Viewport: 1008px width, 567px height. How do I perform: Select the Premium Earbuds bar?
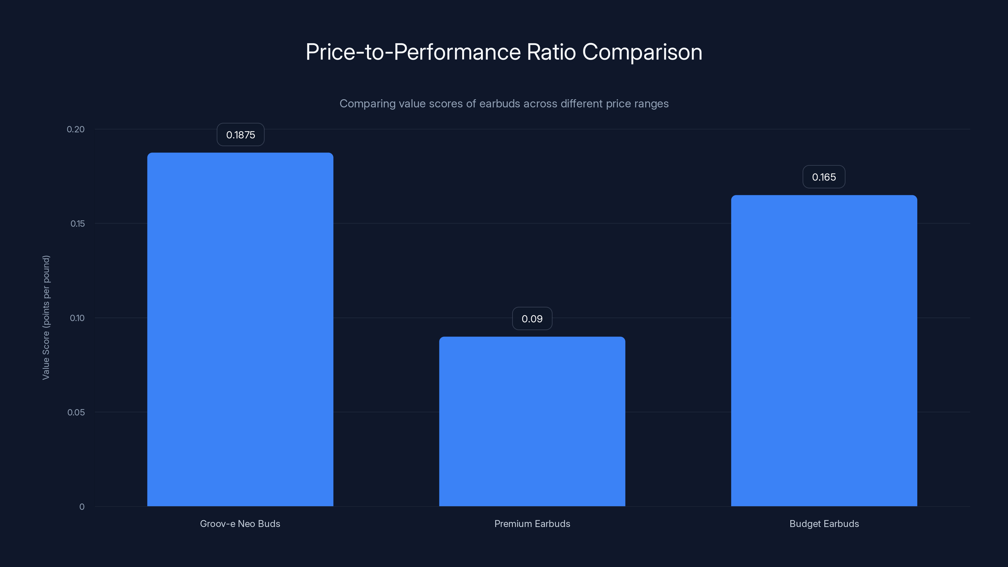tap(532, 421)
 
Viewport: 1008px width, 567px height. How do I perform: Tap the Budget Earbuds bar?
tap(824, 350)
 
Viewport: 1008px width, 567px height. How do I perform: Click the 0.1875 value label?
tap(240, 135)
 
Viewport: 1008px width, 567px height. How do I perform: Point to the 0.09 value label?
tap(532, 319)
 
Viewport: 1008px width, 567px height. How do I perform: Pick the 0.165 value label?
tap(824, 177)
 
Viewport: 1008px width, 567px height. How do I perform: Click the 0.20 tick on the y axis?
tap(76, 129)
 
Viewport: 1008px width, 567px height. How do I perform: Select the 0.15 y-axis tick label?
tap(77, 224)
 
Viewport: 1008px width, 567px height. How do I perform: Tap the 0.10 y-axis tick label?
tap(77, 318)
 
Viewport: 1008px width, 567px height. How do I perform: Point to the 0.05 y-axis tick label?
tap(76, 412)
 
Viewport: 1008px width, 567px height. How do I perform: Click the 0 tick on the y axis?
tap(82, 507)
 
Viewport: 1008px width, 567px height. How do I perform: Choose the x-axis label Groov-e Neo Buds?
tap(240, 524)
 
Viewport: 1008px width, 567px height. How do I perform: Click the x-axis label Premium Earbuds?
tap(532, 524)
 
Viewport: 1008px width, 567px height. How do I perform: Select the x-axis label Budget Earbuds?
tap(824, 524)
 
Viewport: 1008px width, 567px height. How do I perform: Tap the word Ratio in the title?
tap(551, 52)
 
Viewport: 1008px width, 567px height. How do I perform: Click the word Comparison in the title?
tap(642, 52)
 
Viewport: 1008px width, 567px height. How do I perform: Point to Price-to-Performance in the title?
tap(413, 52)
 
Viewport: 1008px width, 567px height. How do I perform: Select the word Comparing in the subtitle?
tap(367, 104)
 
